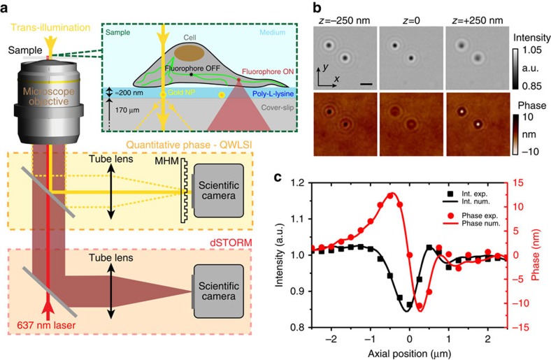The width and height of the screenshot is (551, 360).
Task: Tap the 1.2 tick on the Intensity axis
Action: point(302,182)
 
